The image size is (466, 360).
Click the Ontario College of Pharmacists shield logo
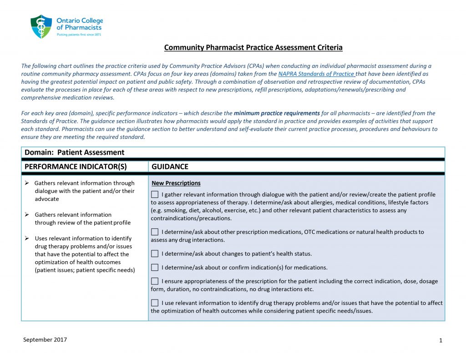tap(41, 26)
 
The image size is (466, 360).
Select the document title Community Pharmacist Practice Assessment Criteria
tap(253, 47)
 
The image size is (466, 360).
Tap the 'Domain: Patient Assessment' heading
tap(74, 152)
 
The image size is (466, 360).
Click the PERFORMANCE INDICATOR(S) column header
tap(76, 167)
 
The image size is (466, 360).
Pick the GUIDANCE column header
tap(170, 167)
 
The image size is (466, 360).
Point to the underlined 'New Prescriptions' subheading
tap(176, 183)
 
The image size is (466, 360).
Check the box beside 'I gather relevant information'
tap(155, 195)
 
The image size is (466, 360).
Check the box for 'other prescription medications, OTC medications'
tap(155, 232)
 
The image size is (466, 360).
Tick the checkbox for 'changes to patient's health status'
tap(155, 254)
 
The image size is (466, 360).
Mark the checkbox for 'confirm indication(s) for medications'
tap(155, 268)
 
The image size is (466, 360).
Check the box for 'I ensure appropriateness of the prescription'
tap(155, 281)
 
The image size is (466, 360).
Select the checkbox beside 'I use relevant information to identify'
tap(155, 303)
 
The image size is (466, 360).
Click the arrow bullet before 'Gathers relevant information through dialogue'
tap(27, 183)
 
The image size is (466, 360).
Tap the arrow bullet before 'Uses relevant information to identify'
tap(27, 238)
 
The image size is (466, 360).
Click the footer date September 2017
tap(45, 340)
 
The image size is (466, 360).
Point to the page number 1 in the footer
tap(441, 340)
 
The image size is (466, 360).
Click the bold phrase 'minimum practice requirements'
tap(277, 113)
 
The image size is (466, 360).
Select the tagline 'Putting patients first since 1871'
tap(79, 35)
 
